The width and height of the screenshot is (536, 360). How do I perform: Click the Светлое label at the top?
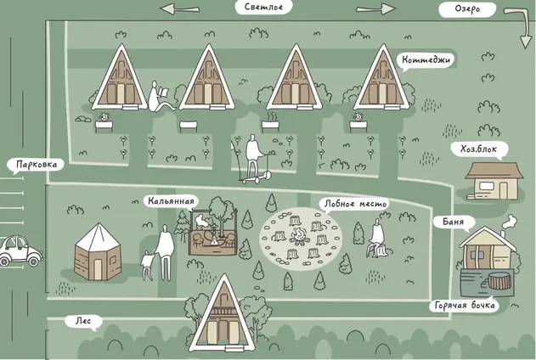pos(264,7)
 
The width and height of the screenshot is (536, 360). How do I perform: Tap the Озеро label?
pos(467,9)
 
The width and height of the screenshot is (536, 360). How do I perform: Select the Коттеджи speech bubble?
pos(426,61)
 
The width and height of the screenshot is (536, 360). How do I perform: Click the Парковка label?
pos(36,166)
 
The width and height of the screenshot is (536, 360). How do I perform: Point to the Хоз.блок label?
pos(478,149)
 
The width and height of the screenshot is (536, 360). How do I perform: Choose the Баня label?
pos(454,222)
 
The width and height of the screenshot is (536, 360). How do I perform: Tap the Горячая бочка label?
pos(464,306)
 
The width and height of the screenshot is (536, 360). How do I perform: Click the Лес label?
pos(83,322)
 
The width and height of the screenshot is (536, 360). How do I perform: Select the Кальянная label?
pos(171,201)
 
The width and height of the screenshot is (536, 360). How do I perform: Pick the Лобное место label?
pos(355,205)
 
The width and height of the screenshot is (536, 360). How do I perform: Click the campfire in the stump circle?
pos(298,236)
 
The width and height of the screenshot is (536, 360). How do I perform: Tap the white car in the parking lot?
pos(20,250)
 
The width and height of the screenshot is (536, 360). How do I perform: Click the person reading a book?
pos(160,96)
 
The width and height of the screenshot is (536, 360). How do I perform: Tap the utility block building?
pos(494,181)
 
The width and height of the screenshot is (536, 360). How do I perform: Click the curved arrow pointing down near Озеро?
pos(520,27)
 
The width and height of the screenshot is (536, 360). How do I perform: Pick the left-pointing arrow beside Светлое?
pos(180,8)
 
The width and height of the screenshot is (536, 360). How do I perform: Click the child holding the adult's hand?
pos(148,266)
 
